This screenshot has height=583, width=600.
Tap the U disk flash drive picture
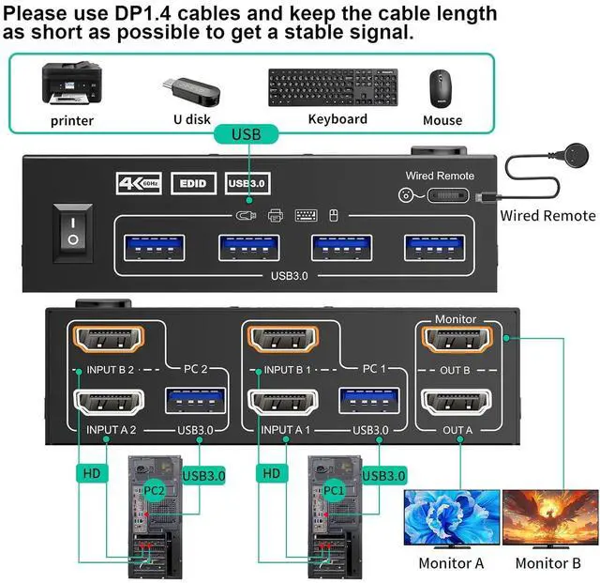point(190,89)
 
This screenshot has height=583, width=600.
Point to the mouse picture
point(442,89)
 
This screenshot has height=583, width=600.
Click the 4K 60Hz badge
point(139,183)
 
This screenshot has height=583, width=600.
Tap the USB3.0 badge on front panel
point(247,183)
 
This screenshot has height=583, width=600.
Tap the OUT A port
point(456,403)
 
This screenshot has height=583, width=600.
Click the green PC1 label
point(333,490)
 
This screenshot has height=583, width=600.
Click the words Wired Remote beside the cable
point(547,216)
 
